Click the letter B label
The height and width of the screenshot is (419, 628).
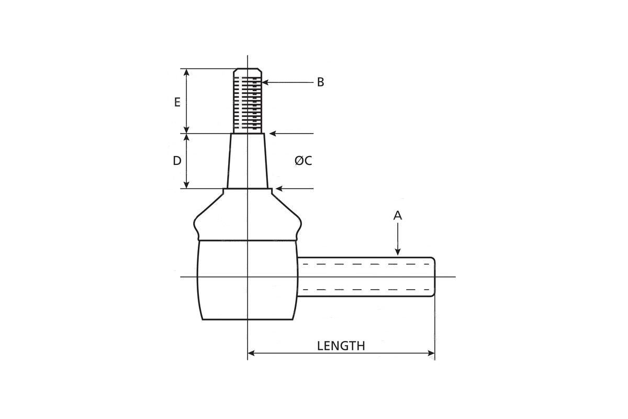point(320,82)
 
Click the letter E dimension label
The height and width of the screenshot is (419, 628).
point(177,102)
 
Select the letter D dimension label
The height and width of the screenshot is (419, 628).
point(177,161)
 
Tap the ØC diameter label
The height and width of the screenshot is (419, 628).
point(303,161)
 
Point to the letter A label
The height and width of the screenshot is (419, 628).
point(398,215)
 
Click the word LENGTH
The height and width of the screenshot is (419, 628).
point(341,346)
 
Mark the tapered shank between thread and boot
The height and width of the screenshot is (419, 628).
point(247,161)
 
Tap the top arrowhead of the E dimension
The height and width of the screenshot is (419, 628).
point(186,72)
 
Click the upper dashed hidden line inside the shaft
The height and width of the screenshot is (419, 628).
point(366,264)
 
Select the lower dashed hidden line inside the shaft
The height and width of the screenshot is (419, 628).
point(366,290)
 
